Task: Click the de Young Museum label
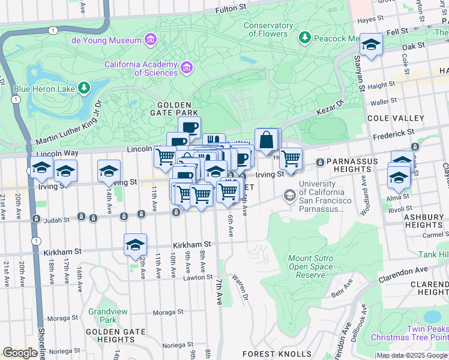(x=106, y=40)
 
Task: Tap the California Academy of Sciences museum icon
(x=187, y=67)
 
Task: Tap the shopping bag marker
(x=266, y=141)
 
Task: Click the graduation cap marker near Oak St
(x=371, y=45)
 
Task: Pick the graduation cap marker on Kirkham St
(x=135, y=245)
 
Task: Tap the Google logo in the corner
(x=20, y=353)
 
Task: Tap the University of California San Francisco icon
(x=290, y=195)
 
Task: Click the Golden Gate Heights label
(x=115, y=336)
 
